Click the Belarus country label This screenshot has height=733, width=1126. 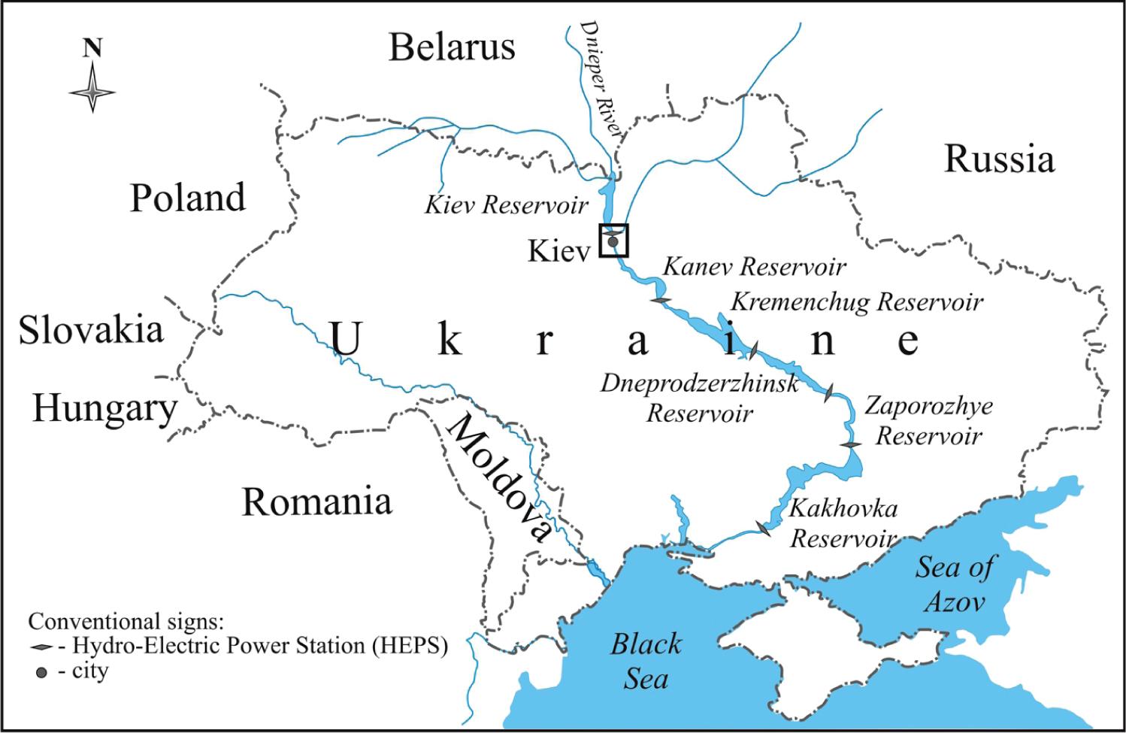click(x=452, y=47)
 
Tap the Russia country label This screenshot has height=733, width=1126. click(x=999, y=159)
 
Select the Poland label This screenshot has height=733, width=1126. click(x=188, y=198)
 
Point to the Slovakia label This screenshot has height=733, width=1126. click(x=91, y=330)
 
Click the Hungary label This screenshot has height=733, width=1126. click(x=104, y=410)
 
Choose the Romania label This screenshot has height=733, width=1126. click(x=316, y=501)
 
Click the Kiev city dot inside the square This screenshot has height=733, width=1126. click(x=613, y=242)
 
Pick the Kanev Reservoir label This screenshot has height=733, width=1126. click(x=754, y=266)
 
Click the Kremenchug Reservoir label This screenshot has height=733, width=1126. click(x=857, y=301)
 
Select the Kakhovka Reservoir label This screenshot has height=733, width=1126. click(x=843, y=523)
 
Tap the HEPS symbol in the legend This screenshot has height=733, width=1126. click(x=41, y=647)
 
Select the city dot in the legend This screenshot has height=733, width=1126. click(x=41, y=671)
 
